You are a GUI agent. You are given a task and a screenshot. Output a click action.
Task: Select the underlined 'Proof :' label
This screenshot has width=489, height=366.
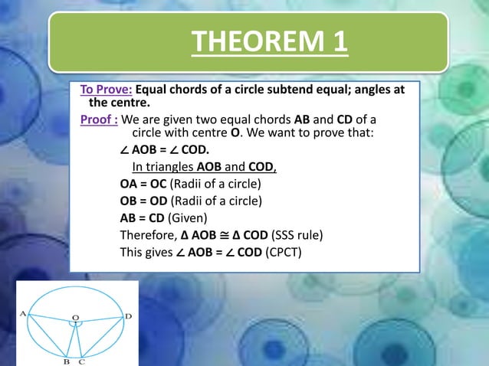point(99,119)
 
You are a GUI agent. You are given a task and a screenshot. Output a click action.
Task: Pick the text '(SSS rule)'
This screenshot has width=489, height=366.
point(296,235)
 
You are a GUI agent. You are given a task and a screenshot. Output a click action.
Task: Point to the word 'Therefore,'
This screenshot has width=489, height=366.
point(148,235)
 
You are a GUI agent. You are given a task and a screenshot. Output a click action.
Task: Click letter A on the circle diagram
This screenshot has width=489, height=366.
point(23,312)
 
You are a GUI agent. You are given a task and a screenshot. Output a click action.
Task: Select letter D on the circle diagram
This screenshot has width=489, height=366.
point(128,315)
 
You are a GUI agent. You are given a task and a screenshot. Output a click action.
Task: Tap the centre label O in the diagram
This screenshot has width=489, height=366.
point(75,314)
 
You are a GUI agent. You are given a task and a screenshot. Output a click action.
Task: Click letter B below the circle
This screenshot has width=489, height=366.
point(66,361)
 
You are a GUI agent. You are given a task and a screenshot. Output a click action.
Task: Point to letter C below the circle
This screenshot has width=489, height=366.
point(82,361)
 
